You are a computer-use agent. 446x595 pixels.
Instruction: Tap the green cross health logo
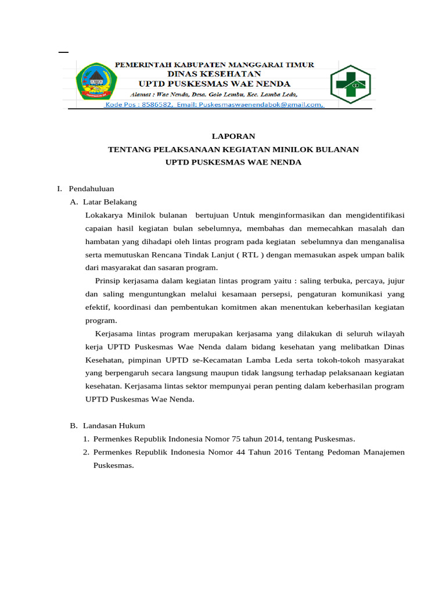351,84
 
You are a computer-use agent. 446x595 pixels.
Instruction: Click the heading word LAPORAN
233,136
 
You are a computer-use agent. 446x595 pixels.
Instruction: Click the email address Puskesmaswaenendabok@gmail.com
261,105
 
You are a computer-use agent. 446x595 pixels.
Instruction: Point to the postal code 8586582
154,105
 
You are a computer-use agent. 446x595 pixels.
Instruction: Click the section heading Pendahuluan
91,189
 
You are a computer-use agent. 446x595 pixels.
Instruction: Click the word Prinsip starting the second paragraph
109,281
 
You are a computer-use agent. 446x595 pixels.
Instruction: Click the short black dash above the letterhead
63,52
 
